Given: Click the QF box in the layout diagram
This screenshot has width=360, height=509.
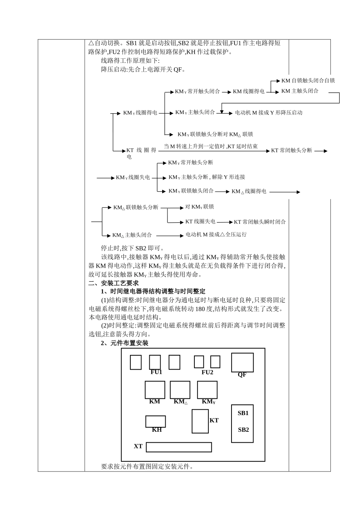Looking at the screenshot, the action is point(242,362).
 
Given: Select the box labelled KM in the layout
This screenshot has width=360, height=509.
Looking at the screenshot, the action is point(155,390).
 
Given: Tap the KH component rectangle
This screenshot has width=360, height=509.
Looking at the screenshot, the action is point(155,421).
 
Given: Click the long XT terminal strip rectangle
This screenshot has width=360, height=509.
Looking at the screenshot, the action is point(178,447).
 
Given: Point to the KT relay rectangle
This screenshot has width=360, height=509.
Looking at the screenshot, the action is point(200,421).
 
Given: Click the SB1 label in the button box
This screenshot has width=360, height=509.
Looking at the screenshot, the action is point(243,413).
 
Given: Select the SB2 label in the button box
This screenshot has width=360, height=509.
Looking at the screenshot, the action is point(243,430).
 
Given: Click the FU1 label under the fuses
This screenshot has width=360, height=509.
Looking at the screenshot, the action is point(156,372).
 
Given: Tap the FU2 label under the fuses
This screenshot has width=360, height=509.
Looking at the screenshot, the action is point(207,372).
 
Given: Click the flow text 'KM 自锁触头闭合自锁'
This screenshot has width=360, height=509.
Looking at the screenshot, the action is point(308,81).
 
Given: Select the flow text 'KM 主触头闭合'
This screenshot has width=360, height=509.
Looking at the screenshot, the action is point(300,91).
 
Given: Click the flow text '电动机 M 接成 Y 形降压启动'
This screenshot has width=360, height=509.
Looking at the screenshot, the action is point(269,113).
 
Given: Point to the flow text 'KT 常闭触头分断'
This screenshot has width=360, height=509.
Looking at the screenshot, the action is point(291,151).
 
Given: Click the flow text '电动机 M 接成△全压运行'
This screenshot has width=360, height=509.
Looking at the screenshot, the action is point(216,235).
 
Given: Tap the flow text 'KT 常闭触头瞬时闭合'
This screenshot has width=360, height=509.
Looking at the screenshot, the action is point(260,222).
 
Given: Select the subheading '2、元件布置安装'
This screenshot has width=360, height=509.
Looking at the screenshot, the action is point(125,343).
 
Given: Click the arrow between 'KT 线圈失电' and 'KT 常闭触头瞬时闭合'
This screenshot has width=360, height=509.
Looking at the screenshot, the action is point(224,222).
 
